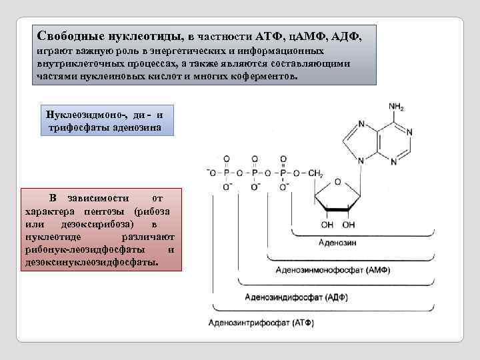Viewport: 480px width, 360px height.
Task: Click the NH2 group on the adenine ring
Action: [397, 107]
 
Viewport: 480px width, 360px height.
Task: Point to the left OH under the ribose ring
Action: [328, 224]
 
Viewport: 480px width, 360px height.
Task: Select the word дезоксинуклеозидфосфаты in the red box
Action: [93, 261]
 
